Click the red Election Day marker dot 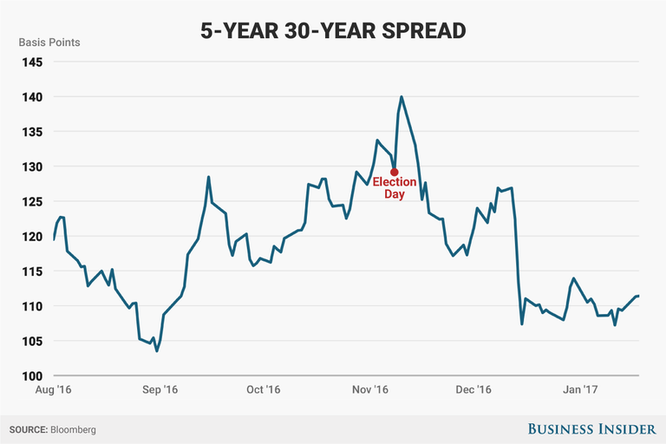395,172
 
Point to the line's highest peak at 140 402,97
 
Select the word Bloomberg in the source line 73,429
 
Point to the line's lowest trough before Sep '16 157,351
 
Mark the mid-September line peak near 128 209,177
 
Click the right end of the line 639,296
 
